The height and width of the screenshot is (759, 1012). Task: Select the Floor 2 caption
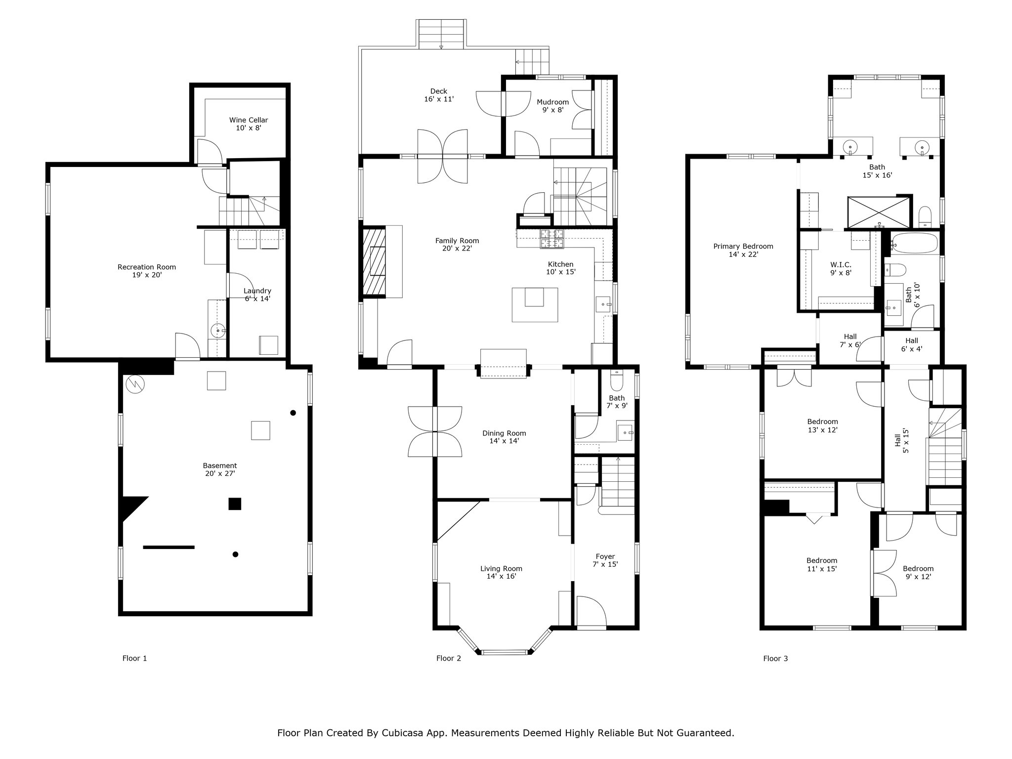point(449,658)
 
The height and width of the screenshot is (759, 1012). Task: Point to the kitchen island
point(535,304)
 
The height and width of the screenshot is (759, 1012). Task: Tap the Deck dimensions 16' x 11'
point(439,99)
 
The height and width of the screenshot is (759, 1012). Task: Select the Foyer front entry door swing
point(591,611)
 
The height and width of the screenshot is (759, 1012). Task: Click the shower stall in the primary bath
point(879,212)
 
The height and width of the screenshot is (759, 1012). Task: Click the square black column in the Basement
point(235,504)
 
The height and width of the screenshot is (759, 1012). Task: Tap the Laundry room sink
point(217,331)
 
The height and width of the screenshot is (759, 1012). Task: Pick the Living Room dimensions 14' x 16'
point(502,576)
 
